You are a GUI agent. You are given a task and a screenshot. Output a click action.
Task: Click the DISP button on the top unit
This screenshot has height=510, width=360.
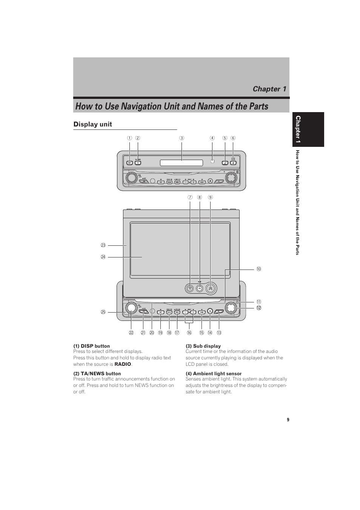pyautogui.click(x=129, y=163)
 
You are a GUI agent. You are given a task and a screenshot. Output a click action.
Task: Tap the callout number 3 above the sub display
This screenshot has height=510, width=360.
pyautogui.click(x=182, y=138)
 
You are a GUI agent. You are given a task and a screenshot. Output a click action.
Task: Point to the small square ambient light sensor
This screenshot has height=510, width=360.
pyautogui.click(x=212, y=161)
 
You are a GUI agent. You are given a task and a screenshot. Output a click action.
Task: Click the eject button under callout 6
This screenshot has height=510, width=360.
pyautogui.click(x=233, y=163)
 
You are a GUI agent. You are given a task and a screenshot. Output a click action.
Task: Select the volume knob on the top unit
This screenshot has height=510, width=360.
pyautogui.click(x=131, y=177)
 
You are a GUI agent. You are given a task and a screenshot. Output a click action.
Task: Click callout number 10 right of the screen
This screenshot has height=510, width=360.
pyautogui.click(x=258, y=269)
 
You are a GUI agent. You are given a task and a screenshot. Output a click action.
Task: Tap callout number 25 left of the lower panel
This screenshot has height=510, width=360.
pyautogui.click(x=103, y=312)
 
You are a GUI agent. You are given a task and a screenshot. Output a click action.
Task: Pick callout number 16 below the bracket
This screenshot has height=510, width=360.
pyautogui.click(x=189, y=333)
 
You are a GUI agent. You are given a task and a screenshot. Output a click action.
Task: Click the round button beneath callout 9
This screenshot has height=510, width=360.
pyautogui.click(x=211, y=289)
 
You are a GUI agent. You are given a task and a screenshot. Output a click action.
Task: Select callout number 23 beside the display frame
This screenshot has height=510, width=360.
pyautogui.click(x=103, y=245)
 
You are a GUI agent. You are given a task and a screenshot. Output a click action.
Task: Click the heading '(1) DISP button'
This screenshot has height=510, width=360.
pyautogui.click(x=92, y=346)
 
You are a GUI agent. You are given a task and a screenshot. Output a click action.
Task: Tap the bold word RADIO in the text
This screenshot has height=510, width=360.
pyautogui.click(x=123, y=364)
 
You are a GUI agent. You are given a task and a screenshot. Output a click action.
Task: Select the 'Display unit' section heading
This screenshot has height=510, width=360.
pyautogui.click(x=93, y=124)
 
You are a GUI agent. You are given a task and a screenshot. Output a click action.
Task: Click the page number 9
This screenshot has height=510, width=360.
pyautogui.click(x=288, y=420)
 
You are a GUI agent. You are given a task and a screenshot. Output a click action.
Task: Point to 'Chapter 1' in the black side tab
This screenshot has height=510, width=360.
pyautogui.click(x=298, y=129)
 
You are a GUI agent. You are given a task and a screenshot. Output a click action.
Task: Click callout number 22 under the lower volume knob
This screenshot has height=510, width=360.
pyautogui.click(x=131, y=333)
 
